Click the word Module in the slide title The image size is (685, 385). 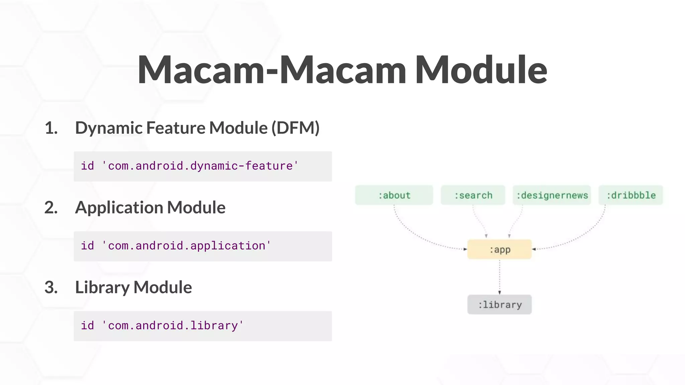pos(481,70)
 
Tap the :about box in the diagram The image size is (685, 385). pos(394,195)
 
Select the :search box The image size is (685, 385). pos(473,195)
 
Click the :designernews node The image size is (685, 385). pos(552,195)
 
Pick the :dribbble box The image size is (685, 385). pos(631,195)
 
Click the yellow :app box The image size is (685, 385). pos(499,249)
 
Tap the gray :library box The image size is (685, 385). pos(499,304)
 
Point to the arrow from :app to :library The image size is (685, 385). pos(499,277)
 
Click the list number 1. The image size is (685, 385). pos(51,128)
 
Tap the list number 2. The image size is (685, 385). pos(51,208)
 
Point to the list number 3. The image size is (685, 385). pos(51,287)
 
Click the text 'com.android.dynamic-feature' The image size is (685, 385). pos(200,166)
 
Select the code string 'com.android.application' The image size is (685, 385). pos(186,246)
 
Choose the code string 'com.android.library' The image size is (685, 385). pos(173,326)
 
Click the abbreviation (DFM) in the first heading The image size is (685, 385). pos(295,128)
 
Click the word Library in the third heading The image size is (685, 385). pos(102,287)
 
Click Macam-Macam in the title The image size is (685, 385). pos(272,70)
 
